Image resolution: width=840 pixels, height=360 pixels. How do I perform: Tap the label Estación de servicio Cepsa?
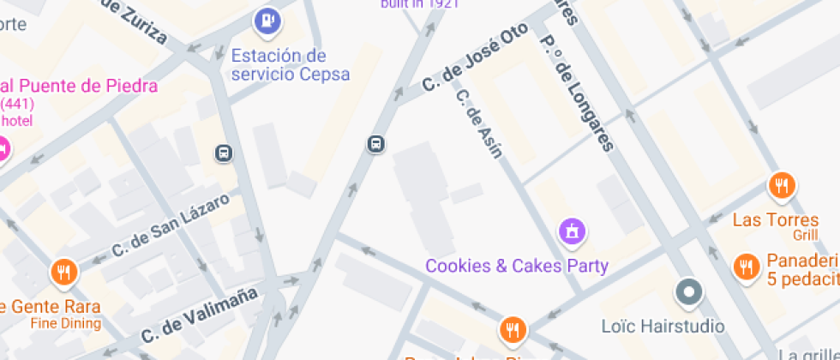tap(291, 65)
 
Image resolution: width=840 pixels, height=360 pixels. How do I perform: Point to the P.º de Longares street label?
tap(577, 93)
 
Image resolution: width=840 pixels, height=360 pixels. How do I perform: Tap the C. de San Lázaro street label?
tap(171, 225)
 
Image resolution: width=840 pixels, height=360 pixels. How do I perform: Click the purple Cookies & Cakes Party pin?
tap(572, 231)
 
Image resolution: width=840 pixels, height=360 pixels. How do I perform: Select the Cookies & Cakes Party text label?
tap(517, 266)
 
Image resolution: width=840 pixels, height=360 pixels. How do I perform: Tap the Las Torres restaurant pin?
tap(781, 186)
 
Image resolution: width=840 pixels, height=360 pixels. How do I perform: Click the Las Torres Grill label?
tap(776, 226)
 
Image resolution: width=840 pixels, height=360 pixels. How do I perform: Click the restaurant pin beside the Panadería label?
tap(747, 267)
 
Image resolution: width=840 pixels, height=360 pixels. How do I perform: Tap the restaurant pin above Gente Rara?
tap(63, 273)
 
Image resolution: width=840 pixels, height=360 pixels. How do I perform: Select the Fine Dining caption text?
tap(65, 324)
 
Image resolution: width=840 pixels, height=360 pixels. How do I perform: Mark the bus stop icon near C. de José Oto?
tap(375, 144)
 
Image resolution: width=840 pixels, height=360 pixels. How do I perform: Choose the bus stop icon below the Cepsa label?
tap(223, 153)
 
